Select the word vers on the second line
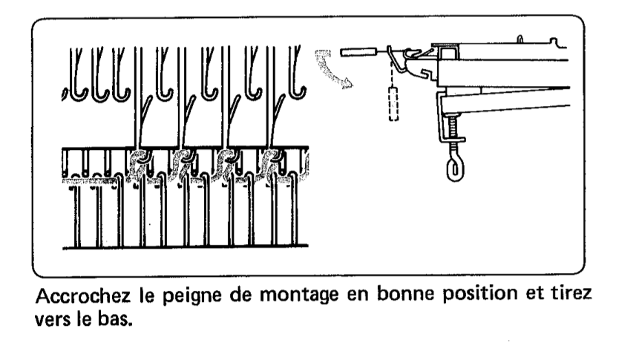click(x=52, y=320)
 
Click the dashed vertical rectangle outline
click(x=393, y=101)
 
